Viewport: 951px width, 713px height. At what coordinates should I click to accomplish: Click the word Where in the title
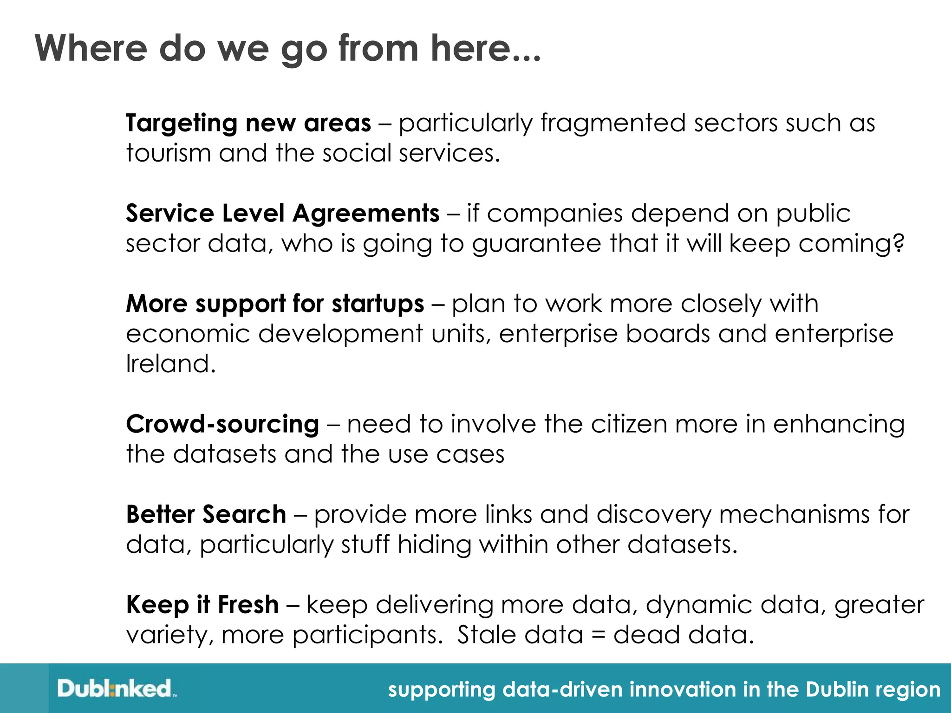pos(91,48)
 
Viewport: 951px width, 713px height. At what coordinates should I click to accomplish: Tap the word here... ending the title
pos(486,48)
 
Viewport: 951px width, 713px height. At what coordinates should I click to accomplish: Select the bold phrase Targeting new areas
pos(248,123)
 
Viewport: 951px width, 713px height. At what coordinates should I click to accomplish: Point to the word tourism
pos(168,154)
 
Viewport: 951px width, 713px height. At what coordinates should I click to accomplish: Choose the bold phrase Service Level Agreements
pos(282,214)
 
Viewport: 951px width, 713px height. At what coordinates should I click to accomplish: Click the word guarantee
pos(536,244)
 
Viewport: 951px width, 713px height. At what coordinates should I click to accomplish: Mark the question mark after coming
pos(899,243)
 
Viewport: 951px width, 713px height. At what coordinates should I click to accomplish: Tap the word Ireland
pos(171,364)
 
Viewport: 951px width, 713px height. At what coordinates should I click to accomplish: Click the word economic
pos(188,334)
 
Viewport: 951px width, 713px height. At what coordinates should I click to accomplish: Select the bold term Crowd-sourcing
pos(222,424)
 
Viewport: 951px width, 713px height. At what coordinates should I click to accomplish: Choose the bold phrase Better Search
pos(206,514)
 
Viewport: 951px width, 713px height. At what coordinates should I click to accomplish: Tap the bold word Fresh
pos(248,605)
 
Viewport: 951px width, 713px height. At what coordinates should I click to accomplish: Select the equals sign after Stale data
pos(598,635)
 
